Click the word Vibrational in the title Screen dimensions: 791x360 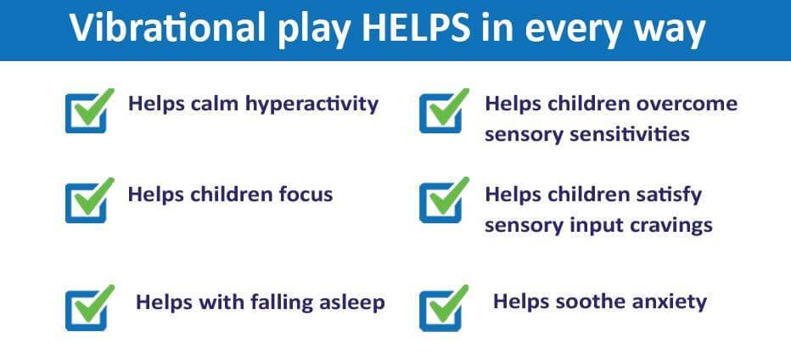pyautogui.click(x=167, y=27)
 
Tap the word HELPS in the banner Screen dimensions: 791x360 pyautogui.click(x=417, y=27)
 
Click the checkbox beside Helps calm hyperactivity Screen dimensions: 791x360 pyautogui.click(x=89, y=110)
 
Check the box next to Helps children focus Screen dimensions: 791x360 pyautogui.click(x=89, y=200)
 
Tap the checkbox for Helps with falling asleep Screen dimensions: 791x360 pyautogui.click(x=89, y=308)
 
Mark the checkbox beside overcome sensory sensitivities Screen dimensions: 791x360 pyautogui.click(x=443, y=110)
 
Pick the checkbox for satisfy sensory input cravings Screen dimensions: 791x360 pyautogui.click(x=443, y=200)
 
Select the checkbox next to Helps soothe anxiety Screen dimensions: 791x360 pyautogui.click(x=443, y=308)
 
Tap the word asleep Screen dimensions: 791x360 pyautogui.click(x=352, y=302)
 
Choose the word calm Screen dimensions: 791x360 pyautogui.click(x=215, y=104)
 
